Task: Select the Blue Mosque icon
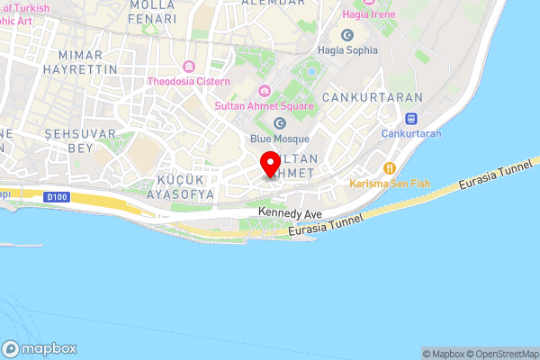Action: click(279, 123)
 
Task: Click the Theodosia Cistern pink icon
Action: click(188, 67)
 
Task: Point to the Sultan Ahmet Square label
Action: click(264, 105)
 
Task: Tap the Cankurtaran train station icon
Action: click(410, 118)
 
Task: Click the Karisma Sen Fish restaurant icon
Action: click(390, 167)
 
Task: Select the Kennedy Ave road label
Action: click(290, 213)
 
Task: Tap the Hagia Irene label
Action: click(370, 15)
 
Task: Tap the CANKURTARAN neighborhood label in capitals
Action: click(359, 96)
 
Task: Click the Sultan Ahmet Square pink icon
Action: click(264, 90)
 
